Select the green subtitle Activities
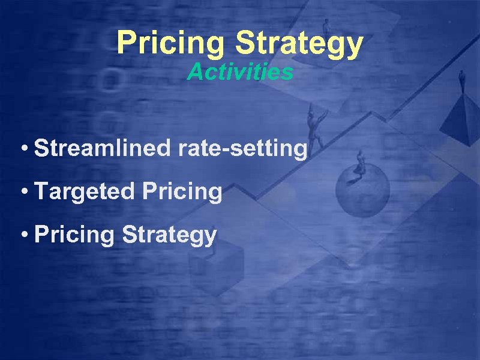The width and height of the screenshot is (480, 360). [x=240, y=73]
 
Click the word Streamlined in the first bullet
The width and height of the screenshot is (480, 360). [x=102, y=148]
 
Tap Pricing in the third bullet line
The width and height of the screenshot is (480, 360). [x=74, y=235]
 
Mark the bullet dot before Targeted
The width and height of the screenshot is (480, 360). [x=24, y=192]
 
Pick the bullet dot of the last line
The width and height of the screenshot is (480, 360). [x=24, y=235]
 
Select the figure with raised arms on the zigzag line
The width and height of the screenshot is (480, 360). [x=314, y=123]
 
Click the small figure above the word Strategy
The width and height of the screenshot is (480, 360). [x=327, y=25]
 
